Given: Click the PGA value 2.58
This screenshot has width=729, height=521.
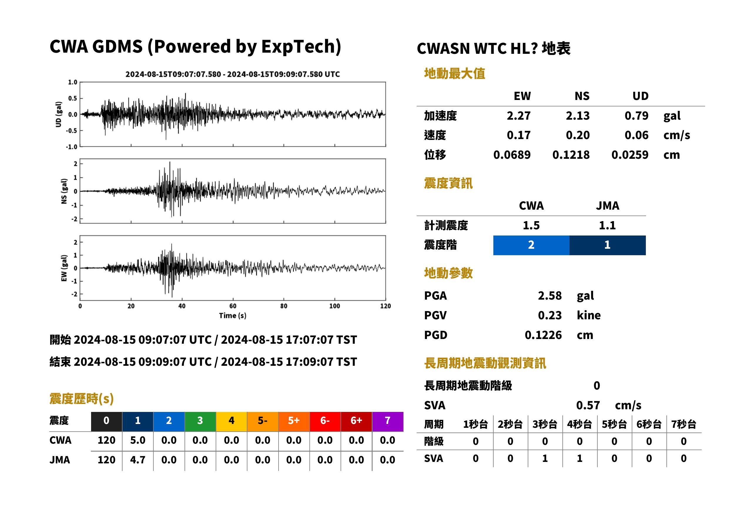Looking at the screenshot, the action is click(549, 295).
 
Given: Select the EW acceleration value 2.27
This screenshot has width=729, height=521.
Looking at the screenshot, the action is click(518, 116).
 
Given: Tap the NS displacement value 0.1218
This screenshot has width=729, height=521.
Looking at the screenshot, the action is click(571, 155).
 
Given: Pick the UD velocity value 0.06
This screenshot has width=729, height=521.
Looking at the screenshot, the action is click(636, 135).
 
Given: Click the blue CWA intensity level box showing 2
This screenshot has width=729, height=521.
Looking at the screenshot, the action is click(531, 245).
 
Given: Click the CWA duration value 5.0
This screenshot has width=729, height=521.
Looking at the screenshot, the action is click(138, 440).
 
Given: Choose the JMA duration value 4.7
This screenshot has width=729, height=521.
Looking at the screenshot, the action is click(138, 460).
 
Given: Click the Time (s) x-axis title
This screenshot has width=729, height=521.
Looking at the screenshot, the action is click(233, 316).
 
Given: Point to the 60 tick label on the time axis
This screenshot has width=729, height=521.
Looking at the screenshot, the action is click(233, 306).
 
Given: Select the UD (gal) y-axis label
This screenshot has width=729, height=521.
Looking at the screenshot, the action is click(58, 115).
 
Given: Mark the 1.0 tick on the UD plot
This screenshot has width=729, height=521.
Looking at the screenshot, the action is click(73, 82).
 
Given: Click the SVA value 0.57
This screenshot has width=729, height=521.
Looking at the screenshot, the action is click(588, 405).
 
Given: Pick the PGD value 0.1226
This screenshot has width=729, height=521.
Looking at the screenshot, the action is click(543, 335).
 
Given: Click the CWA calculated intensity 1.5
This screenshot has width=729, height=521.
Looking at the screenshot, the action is click(531, 225).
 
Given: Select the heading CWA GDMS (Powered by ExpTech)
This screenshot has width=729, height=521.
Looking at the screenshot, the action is click(195, 47).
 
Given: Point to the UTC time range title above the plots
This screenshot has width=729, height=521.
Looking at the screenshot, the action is click(232, 74).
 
